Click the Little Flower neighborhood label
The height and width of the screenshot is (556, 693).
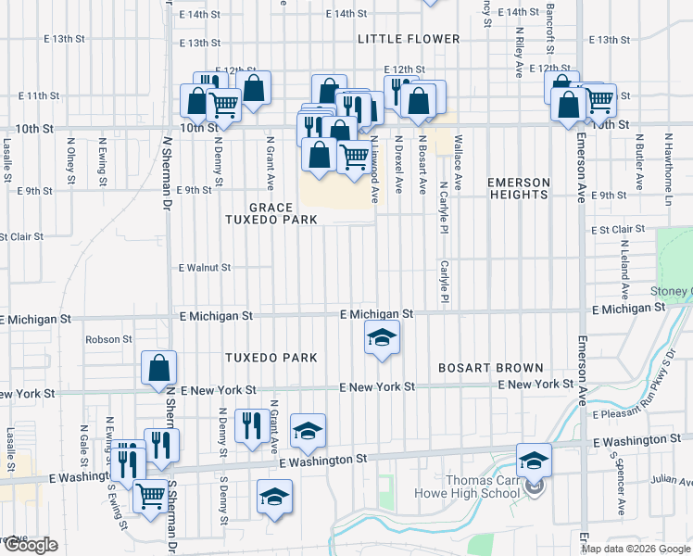(409, 39)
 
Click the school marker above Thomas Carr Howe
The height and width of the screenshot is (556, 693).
(535, 461)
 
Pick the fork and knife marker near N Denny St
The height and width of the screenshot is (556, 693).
(251, 425)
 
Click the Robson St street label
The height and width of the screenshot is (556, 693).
(109, 339)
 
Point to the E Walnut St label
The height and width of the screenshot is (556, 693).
(205, 268)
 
